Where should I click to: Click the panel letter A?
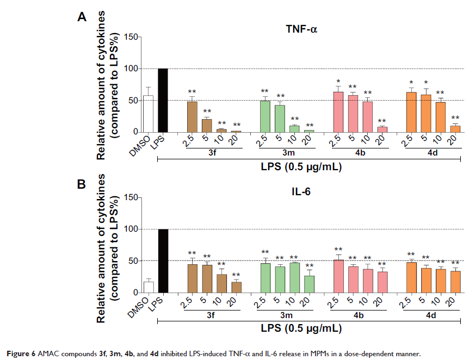tap(82, 17)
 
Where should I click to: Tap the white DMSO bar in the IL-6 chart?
tap(148, 287)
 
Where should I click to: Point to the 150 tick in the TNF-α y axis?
tap(129, 37)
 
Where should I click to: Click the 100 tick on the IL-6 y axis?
tap(129, 229)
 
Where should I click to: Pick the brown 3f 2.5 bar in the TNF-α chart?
tap(192, 116)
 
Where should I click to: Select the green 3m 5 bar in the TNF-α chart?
tap(280, 118)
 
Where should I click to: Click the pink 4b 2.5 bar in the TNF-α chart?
tap(338, 111)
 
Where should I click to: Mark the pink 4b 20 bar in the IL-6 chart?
tap(382, 282)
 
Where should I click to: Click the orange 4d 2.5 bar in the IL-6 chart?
tap(411, 277)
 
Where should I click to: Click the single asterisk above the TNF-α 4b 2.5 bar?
tap(338, 80)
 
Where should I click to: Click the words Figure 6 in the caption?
tap(18, 353)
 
